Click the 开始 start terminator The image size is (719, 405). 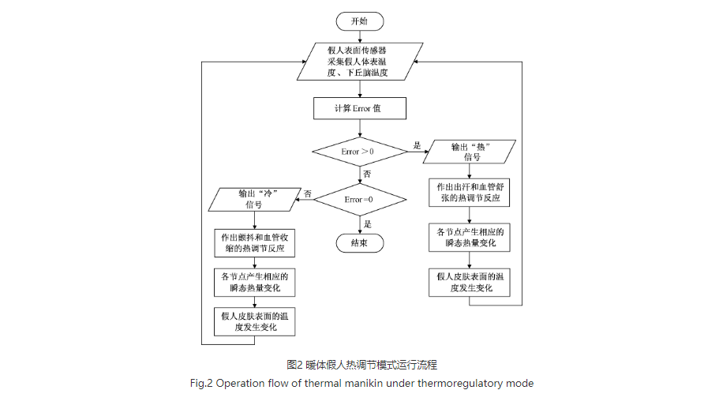[360, 21]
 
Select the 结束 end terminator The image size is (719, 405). [360, 243]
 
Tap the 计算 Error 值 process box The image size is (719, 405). [360, 108]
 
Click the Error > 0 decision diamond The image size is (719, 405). [360, 151]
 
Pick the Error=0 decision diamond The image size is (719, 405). [360, 200]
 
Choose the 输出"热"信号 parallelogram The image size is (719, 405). [470, 151]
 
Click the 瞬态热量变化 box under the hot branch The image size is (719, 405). [470, 237]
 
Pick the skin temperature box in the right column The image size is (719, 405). [470, 282]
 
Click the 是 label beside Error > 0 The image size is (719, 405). [417, 144]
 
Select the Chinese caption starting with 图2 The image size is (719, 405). [360, 365]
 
